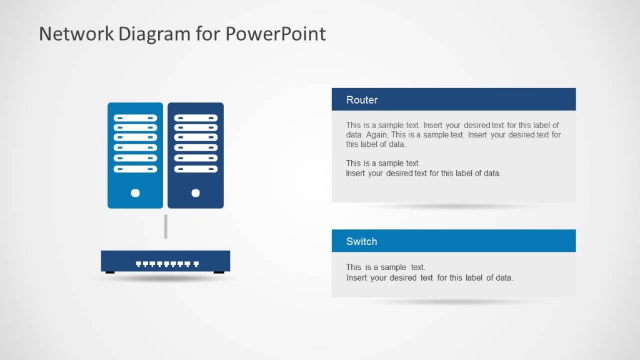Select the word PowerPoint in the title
(x=276, y=34)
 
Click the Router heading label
(x=362, y=100)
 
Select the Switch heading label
(x=361, y=241)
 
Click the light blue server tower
(x=135, y=155)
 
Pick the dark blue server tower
(x=196, y=155)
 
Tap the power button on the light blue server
(x=135, y=193)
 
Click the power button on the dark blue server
(x=196, y=193)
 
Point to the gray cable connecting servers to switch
(x=166, y=226)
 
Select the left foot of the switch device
(x=110, y=272)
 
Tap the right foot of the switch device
(x=219, y=272)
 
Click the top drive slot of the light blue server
(x=135, y=117)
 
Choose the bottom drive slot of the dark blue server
(x=196, y=169)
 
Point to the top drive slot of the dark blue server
(x=196, y=117)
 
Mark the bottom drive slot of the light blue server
(x=135, y=169)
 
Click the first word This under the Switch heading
(x=354, y=267)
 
